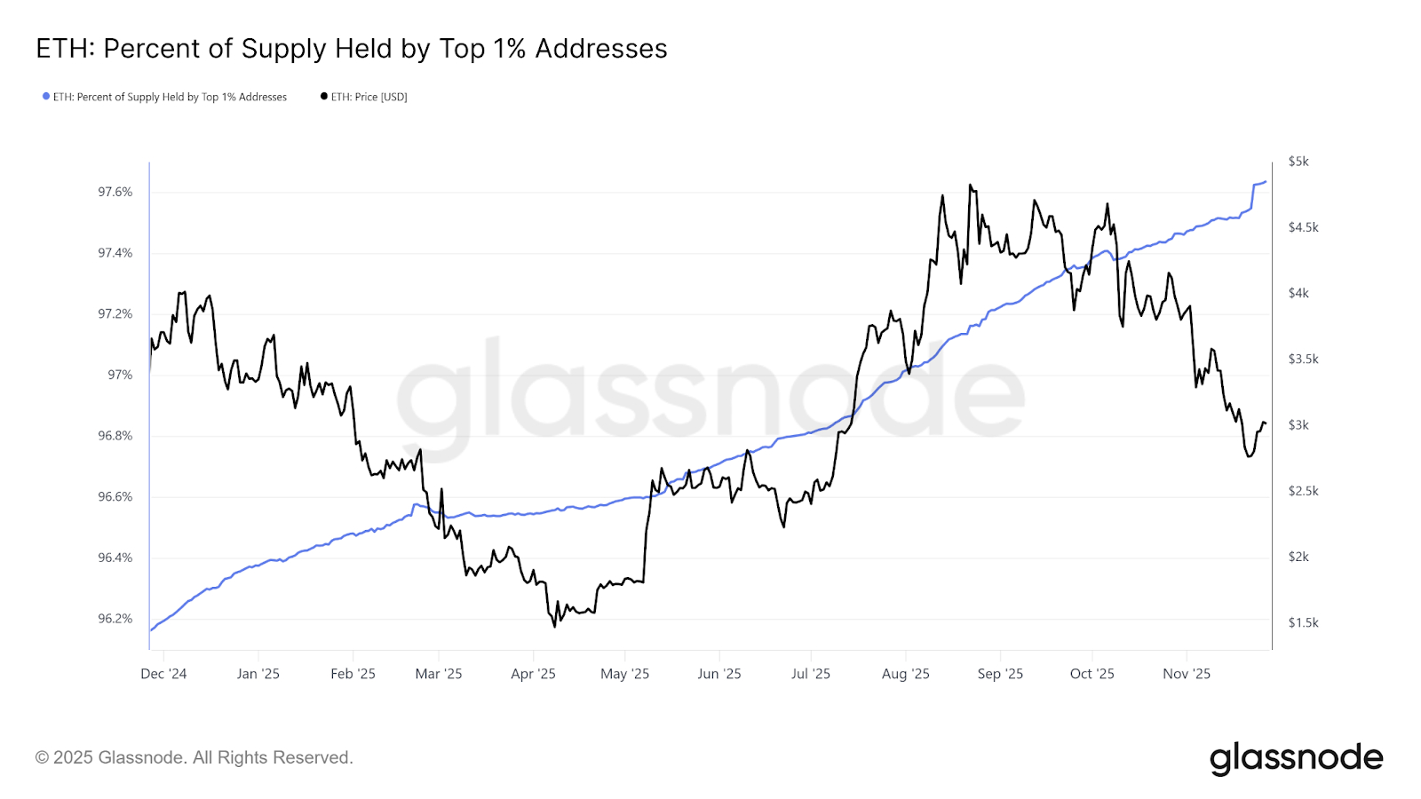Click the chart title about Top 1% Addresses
click(x=351, y=49)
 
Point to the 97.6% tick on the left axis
click(x=115, y=192)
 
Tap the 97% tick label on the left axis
click(x=120, y=375)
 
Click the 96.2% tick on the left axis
click(x=115, y=619)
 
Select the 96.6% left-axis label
click(x=115, y=497)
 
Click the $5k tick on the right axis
click(x=1298, y=162)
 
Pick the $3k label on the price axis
click(x=1298, y=425)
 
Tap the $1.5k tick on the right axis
click(x=1303, y=623)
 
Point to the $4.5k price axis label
click(x=1303, y=227)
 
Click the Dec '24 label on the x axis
click(x=163, y=674)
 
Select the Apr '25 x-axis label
click(x=533, y=674)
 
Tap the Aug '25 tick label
click(x=905, y=674)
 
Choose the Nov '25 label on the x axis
click(x=1187, y=674)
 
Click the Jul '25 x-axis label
click(x=810, y=674)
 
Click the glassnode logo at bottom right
click(x=1296, y=758)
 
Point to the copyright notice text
click(x=194, y=758)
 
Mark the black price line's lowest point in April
click(x=555, y=627)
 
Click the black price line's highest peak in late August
click(x=970, y=185)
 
